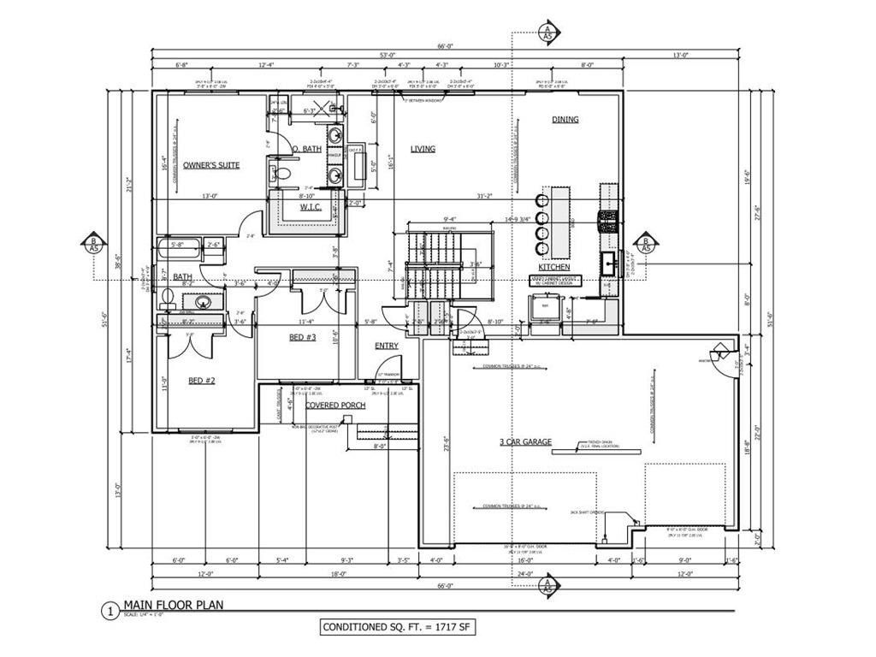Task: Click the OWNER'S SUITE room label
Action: (x=210, y=164)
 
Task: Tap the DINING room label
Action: (x=565, y=120)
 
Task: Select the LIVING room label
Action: (x=423, y=149)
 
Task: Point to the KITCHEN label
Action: (x=554, y=267)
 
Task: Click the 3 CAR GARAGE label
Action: (x=525, y=442)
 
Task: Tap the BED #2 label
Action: (x=202, y=381)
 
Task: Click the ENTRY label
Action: (x=387, y=346)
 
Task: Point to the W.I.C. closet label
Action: (x=310, y=207)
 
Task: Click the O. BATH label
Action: (x=306, y=149)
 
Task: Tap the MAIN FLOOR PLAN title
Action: (x=173, y=605)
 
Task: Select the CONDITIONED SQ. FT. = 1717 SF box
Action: (x=396, y=627)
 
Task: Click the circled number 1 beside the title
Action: (x=109, y=611)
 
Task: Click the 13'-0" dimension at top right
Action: (x=681, y=56)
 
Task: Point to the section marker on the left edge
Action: (x=92, y=242)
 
